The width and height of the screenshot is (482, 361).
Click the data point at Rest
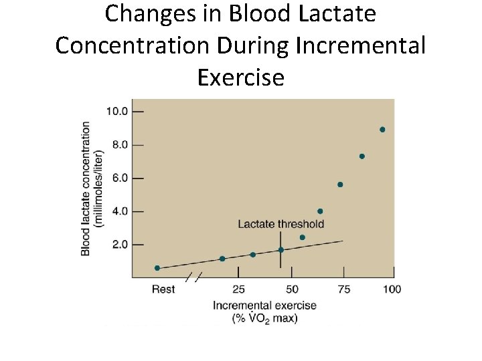(x=157, y=268)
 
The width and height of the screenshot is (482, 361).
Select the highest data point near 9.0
(x=382, y=130)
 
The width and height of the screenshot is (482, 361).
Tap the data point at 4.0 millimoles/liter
(x=320, y=211)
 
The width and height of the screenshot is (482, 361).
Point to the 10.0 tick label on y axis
(x=117, y=111)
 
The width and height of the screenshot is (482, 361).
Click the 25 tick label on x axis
(x=239, y=289)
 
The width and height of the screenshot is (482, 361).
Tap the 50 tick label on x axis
(x=292, y=289)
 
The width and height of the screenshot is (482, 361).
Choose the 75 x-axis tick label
(x=343, y=289)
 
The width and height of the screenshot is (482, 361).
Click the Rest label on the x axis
(x=163, y=289)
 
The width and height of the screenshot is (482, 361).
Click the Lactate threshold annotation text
(x=280, y=224)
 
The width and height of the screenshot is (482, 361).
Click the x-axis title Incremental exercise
(x=264, y=306)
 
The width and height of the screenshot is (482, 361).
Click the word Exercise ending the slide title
(x=241, y=78)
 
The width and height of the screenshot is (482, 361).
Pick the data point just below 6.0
(x=340, y=185)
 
